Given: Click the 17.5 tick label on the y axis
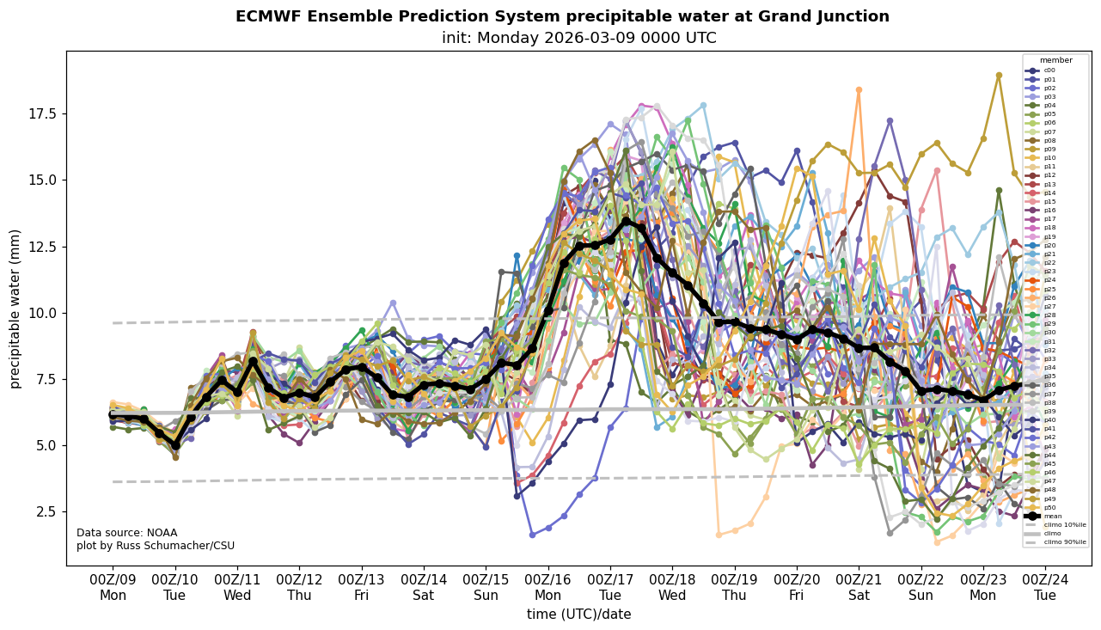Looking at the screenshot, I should pyautogui.click(x=43, y=114).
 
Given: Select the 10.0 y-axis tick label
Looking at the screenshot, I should pyautogui.click(x=43, y=313).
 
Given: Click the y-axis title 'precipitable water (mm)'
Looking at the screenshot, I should pyautogui.click(x=15, y=309).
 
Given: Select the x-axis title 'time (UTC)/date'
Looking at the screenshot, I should pyautogui.click(x=578, y=615).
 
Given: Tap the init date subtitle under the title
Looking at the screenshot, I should pyautogui.click(x=578, y=38).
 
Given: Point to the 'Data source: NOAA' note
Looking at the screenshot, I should pyautogui.click(x=126, y=533).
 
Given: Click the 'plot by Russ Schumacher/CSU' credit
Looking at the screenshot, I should pyautogui.click(x=156, y=546).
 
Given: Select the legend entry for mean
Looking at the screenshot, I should pyautogui.click(x=1049, y=517).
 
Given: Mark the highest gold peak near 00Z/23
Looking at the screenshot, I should pyautogui.click(x=999, y=76).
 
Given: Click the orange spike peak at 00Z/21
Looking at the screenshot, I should pyautogui.click(x=859, y=89).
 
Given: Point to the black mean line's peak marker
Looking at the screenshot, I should pyautogui.click(x=626, y=221).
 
